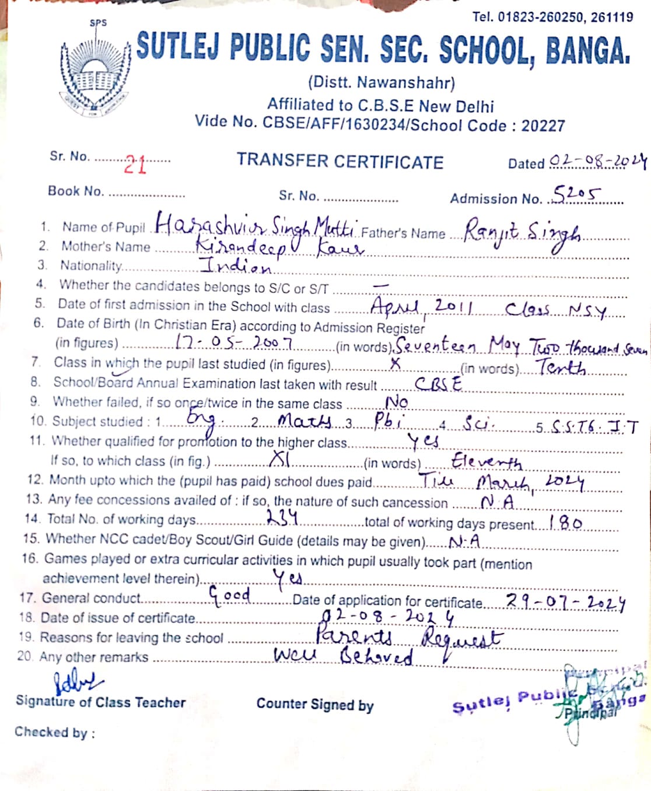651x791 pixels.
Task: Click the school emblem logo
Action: point(93,73)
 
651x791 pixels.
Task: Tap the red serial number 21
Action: point(135,165)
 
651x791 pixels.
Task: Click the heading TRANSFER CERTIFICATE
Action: point(340,162)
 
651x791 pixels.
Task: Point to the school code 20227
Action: point(543,125)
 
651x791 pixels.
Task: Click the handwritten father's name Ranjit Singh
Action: point(522,233)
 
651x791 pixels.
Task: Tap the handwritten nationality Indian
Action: point(236,266)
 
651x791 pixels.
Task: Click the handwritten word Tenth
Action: point(561,367)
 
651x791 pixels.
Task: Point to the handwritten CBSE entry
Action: point(438,384)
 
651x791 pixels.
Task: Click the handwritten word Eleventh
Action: point(486,463)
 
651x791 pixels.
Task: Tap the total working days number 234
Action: point(282,517)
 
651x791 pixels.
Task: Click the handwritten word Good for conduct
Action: point(230,596)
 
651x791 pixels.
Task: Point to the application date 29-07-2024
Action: point(565,601)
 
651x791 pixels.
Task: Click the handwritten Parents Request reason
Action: point(408,636)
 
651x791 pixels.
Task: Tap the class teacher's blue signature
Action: point(78,681)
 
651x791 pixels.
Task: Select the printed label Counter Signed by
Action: point(315,705)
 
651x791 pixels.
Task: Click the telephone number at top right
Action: point(552,17)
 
